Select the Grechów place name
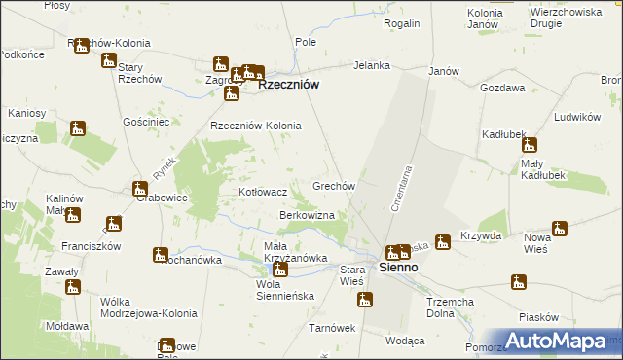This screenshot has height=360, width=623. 338,185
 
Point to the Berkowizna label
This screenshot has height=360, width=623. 308,214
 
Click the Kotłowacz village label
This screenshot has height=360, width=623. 263,193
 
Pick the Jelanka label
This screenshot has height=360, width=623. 372,65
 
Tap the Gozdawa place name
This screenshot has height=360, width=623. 501,88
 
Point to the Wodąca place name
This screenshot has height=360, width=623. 405,341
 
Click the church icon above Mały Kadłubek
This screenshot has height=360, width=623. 531,144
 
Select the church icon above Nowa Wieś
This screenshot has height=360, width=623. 559,229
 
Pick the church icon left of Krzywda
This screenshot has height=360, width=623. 443,238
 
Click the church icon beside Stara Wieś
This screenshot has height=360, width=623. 365,300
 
